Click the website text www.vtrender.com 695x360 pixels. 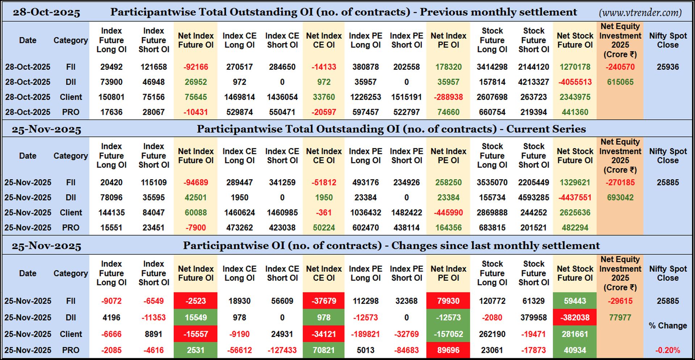640,13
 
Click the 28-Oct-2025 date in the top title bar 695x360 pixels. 46,13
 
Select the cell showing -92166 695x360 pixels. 195,67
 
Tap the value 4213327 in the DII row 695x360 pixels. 533,82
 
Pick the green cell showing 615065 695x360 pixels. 620,82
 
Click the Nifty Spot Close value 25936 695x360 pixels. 667,67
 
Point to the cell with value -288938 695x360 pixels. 448,97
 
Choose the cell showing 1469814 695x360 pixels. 239,97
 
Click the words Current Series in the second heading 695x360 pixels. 546,129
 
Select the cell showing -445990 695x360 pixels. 448,213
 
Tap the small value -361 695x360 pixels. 324,213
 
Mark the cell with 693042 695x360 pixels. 620,198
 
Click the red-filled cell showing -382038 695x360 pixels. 574,318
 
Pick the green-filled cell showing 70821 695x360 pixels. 324,350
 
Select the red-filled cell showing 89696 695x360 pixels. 448,350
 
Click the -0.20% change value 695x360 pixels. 667,350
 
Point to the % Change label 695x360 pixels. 667,326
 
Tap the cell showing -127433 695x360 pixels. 282,350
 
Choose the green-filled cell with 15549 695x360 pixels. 195,318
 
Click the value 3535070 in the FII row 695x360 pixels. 492,183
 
